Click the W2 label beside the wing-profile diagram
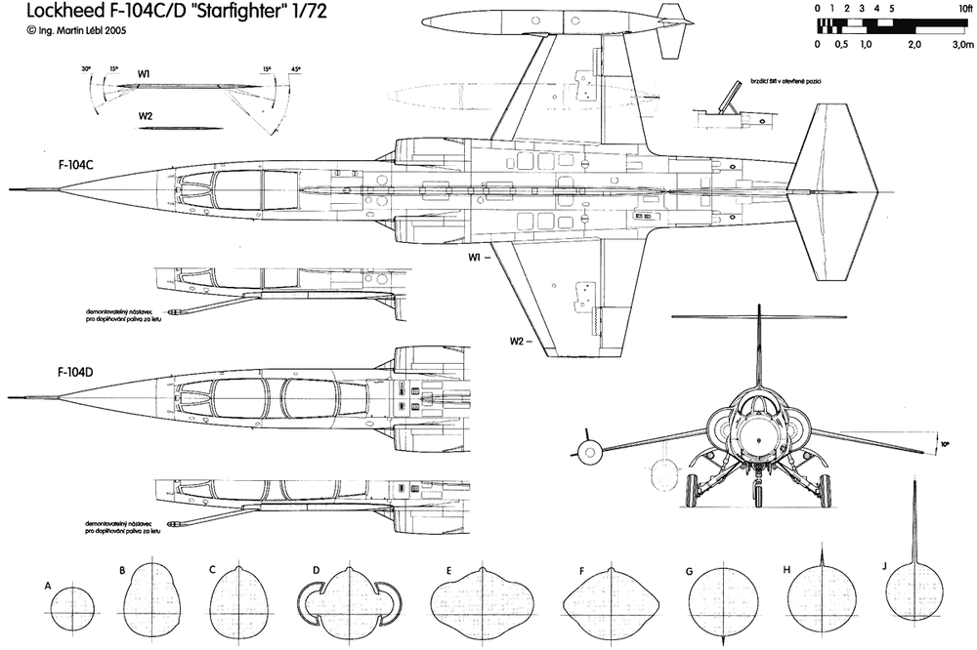pos(146,116)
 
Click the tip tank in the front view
pos(587,450)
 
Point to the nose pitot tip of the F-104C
pos(10,187)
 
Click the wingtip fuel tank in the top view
pos(537,21)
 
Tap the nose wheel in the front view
pos(759,494)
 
